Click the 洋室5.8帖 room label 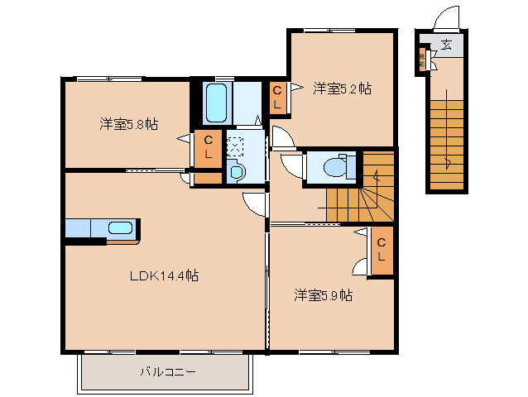coord(128,125)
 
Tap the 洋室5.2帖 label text coord(340,88)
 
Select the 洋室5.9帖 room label coord(324,294)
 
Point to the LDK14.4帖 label coord(163,275)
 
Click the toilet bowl coord(337,167)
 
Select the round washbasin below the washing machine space coord(237,172)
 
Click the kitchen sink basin coord(121,228)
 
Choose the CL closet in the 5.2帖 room coord(278,98)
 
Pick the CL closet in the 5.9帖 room coord(381,250)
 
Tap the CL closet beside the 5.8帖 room coord(209,147)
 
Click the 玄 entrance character coord(446,45)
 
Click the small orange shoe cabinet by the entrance coord(423,60)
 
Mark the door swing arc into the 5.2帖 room coord(279,135)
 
